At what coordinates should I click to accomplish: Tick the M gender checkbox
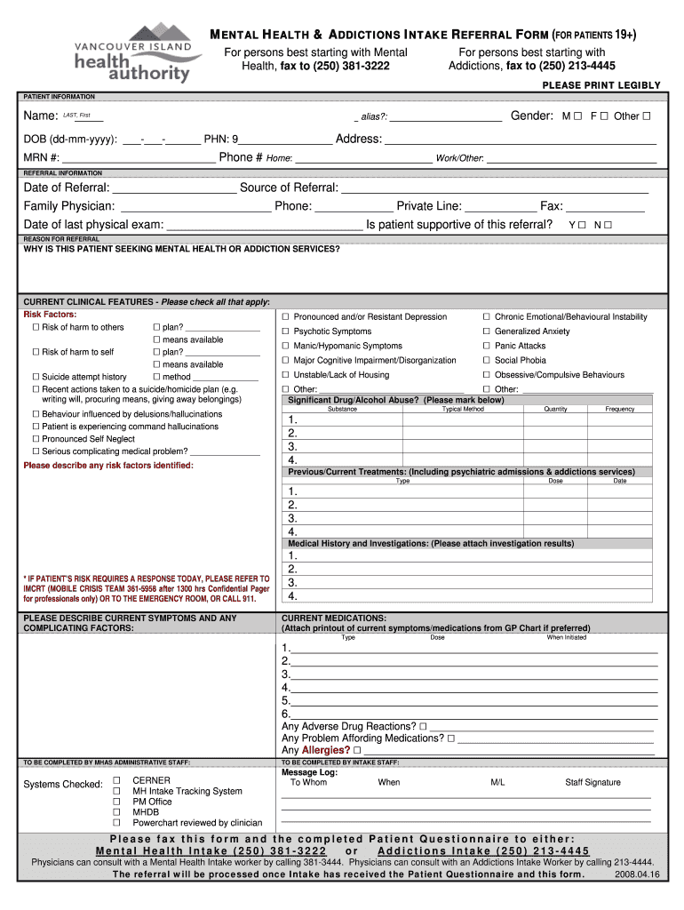point(577,116)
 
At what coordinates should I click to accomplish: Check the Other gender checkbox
point(647,116)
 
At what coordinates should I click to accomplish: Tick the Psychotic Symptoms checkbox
point(286,331)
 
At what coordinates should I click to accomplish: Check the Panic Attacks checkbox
point(486,346)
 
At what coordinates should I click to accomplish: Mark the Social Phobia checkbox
point(486,361)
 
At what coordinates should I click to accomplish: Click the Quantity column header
point(556,409)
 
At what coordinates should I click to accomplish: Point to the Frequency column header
point(620,409)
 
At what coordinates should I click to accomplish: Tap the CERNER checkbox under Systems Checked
point(116,779)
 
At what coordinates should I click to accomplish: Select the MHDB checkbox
point(116,811)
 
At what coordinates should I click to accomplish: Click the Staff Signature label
point(593,782)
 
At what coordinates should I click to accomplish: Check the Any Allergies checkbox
point(356,750)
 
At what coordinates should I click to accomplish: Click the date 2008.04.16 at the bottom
point(637,874)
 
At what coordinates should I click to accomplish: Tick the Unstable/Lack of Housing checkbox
point(286,375)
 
